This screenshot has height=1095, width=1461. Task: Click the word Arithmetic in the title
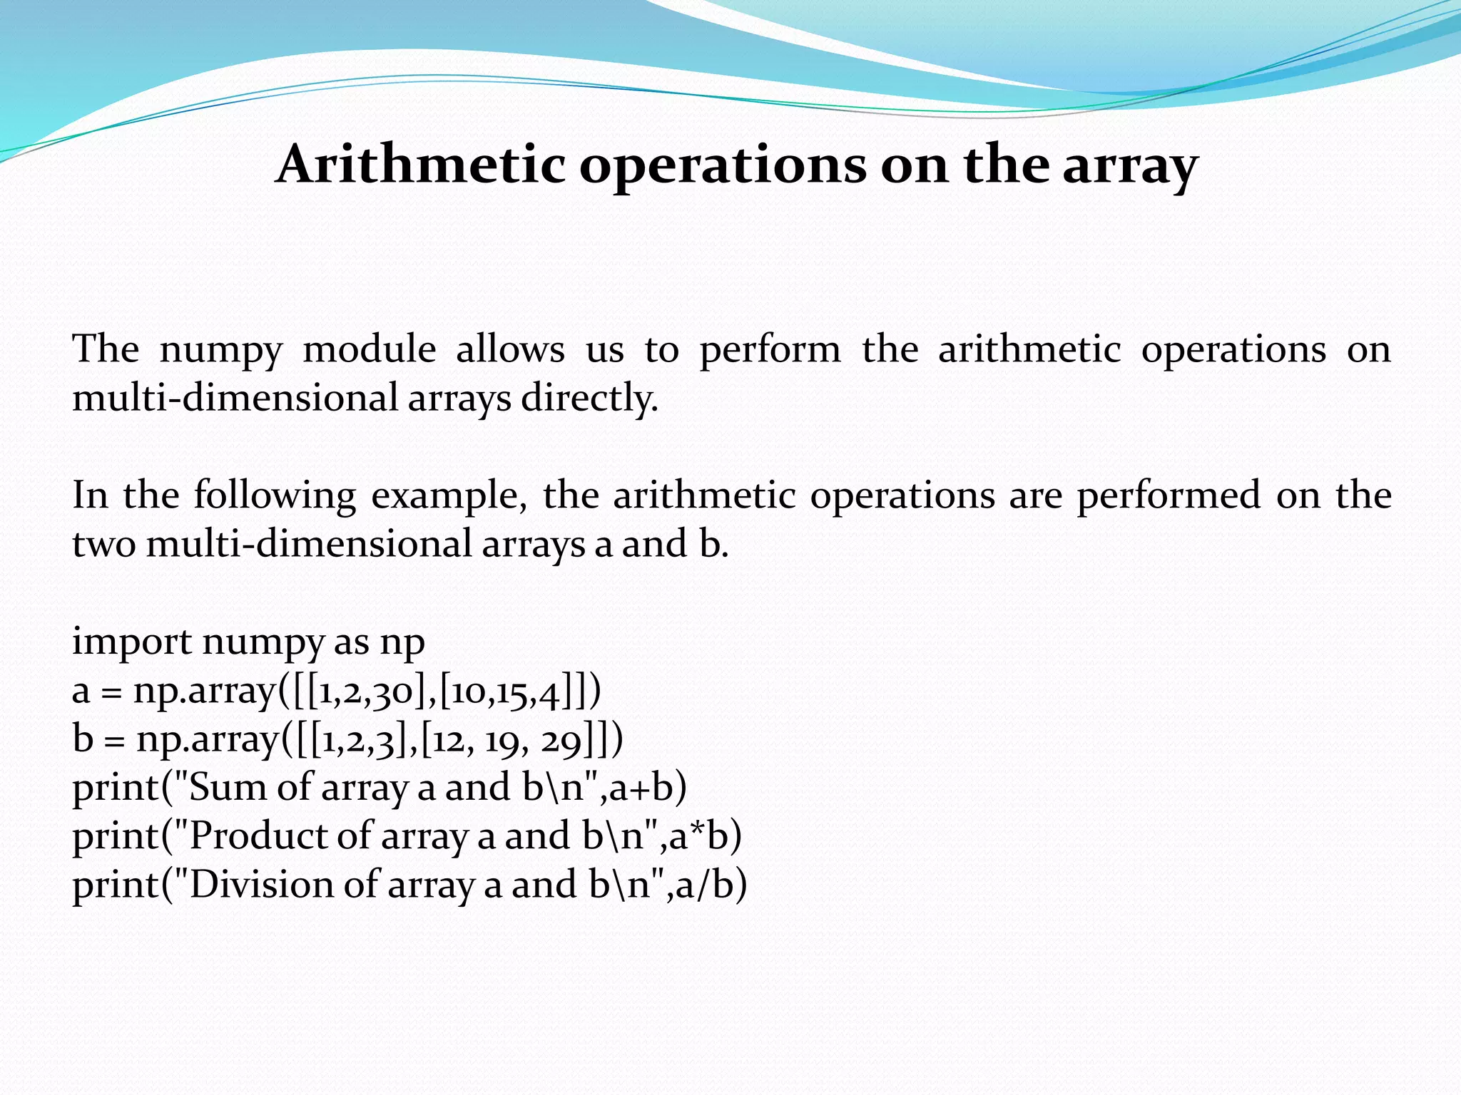coord(420,165)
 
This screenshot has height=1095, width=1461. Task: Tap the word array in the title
coord(1130,166)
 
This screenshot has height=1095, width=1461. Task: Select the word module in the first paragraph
coord(370,350)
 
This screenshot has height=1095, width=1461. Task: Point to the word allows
coord(510,350)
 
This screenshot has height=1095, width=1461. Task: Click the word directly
coord(589,398)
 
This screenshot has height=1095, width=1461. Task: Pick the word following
coord(275,496)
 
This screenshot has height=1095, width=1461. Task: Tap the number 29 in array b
coord(563,741)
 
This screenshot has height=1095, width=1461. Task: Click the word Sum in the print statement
coord(227,788)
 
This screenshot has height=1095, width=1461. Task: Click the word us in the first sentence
coord(604,350)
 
